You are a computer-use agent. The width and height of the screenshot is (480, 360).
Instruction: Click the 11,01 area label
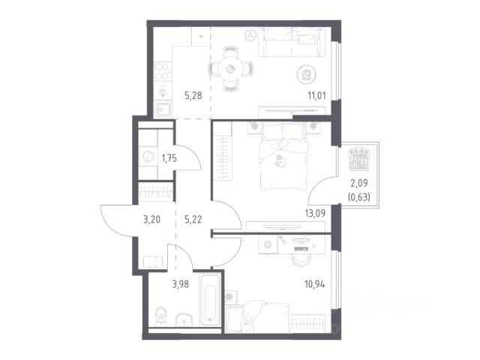point(316,95)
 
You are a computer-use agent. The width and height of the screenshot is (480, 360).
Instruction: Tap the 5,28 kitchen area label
point(193,95)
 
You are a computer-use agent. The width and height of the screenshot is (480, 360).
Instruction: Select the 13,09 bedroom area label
point(315,213)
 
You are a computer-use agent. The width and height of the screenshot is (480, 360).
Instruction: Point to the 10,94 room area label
point(315,284)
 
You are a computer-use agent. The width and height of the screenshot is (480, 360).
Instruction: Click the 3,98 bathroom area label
point(180,284)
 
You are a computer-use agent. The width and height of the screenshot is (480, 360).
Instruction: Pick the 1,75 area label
point(169,158)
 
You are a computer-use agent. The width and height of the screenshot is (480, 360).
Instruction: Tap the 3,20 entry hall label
point(151,219)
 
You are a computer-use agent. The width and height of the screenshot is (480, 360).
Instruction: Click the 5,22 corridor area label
point(193,219)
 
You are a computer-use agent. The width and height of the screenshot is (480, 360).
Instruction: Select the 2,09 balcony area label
point(359,183)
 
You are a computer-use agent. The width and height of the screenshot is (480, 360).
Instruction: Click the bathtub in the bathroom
point(210,301)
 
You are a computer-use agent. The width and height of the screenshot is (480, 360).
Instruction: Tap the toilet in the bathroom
point(161,316)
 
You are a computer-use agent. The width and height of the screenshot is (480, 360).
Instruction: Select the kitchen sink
point(163,109)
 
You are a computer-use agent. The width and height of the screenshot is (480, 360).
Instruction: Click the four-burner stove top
point(163,71)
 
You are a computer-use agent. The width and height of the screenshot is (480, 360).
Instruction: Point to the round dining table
point(231,69)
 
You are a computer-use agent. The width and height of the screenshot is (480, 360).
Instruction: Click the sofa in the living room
point(292,42)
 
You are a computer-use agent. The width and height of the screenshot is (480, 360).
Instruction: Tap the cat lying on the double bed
point(279,161)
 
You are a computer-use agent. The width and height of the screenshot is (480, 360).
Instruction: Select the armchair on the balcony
point(359,158)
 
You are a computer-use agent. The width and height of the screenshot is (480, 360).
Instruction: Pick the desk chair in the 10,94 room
point(301,260)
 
